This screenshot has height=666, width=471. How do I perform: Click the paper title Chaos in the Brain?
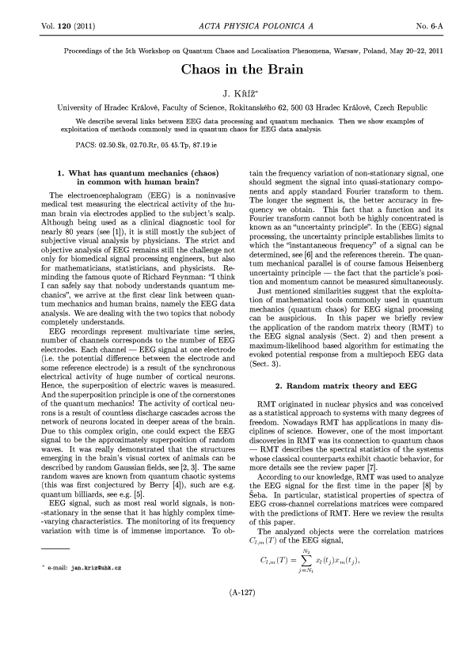coord(235,70)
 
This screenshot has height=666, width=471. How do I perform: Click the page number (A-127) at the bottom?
coord(235,635)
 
